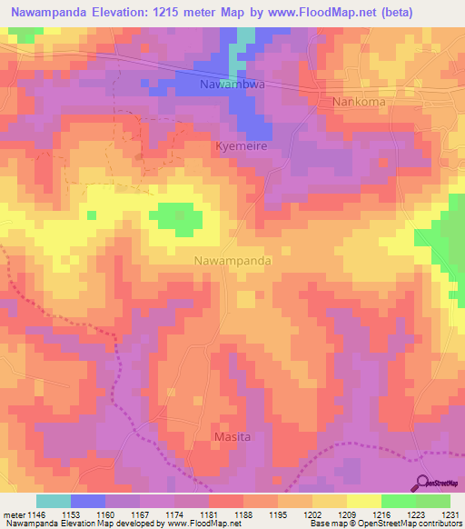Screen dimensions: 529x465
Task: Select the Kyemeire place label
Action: coord(242,145)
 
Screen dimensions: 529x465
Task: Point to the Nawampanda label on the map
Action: coord(233,260)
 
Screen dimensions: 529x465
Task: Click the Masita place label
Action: coord(232,437)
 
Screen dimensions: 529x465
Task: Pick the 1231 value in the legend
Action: coord(450,514)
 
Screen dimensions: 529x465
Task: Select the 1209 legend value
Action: coord(346,514)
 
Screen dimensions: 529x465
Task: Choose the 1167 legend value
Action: coord(139,514)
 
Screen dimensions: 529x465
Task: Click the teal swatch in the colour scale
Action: coord(54,501)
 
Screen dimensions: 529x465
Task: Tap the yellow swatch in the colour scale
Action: coord(363,501)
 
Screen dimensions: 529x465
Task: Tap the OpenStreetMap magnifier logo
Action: coord(423,483)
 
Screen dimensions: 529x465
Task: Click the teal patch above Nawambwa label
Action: coord(245,41)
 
